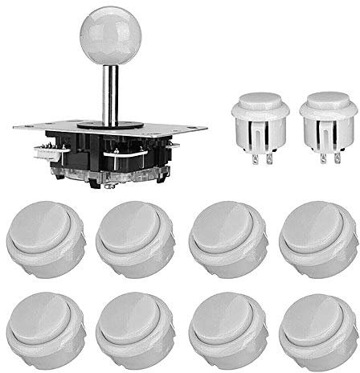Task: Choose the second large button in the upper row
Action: click(131, 236)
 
